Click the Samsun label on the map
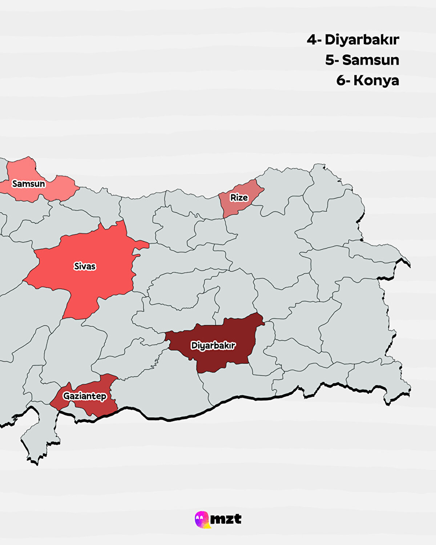[29, 184]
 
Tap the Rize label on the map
[239, 198]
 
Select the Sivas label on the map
[85, 266]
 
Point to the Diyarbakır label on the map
[213, 346]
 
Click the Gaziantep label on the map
[85, 396]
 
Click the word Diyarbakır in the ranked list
[362, 40]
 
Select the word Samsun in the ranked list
[371, 60]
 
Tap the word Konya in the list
[376, 80]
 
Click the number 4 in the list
[312, 40]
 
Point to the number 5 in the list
[330, 60]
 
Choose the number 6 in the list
[341, 80]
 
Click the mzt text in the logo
[226, 519]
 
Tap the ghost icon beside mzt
[202, 519]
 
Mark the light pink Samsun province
[54, 189]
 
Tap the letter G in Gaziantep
[66, 396]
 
